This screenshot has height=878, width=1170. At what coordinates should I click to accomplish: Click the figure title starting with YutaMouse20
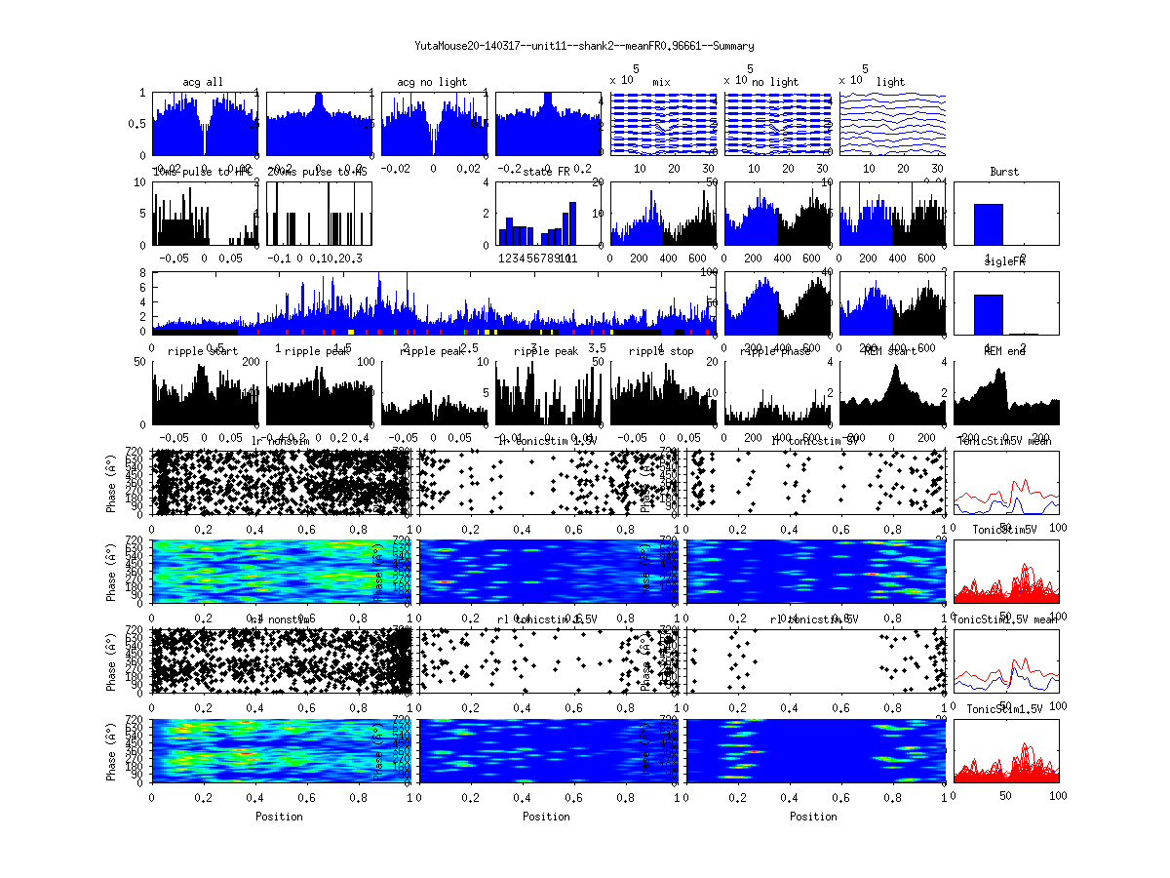coord(584,46)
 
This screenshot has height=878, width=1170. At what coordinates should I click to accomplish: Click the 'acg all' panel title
coord(204,82)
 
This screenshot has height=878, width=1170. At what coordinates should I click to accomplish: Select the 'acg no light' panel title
coord(433,82)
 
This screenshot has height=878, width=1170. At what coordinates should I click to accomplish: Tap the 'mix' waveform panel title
coord(662,82)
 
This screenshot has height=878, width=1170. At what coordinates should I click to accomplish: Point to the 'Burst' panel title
coord(1004,172)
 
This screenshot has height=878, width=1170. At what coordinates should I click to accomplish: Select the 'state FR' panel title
coord(548,172)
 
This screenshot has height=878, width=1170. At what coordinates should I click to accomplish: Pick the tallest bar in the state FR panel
coord(573,223)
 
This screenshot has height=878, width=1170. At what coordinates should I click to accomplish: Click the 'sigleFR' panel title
coord(1004,262)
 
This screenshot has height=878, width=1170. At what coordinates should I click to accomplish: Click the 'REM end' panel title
coord(1004,351)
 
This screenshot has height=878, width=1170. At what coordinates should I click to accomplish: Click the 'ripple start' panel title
coord(204,351)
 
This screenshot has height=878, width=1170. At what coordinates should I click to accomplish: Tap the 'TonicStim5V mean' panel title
coord(1004,441)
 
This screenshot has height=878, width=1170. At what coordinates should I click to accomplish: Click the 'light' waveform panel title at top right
coord(891,82)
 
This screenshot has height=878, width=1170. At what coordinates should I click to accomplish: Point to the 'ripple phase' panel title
coord(776,351)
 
